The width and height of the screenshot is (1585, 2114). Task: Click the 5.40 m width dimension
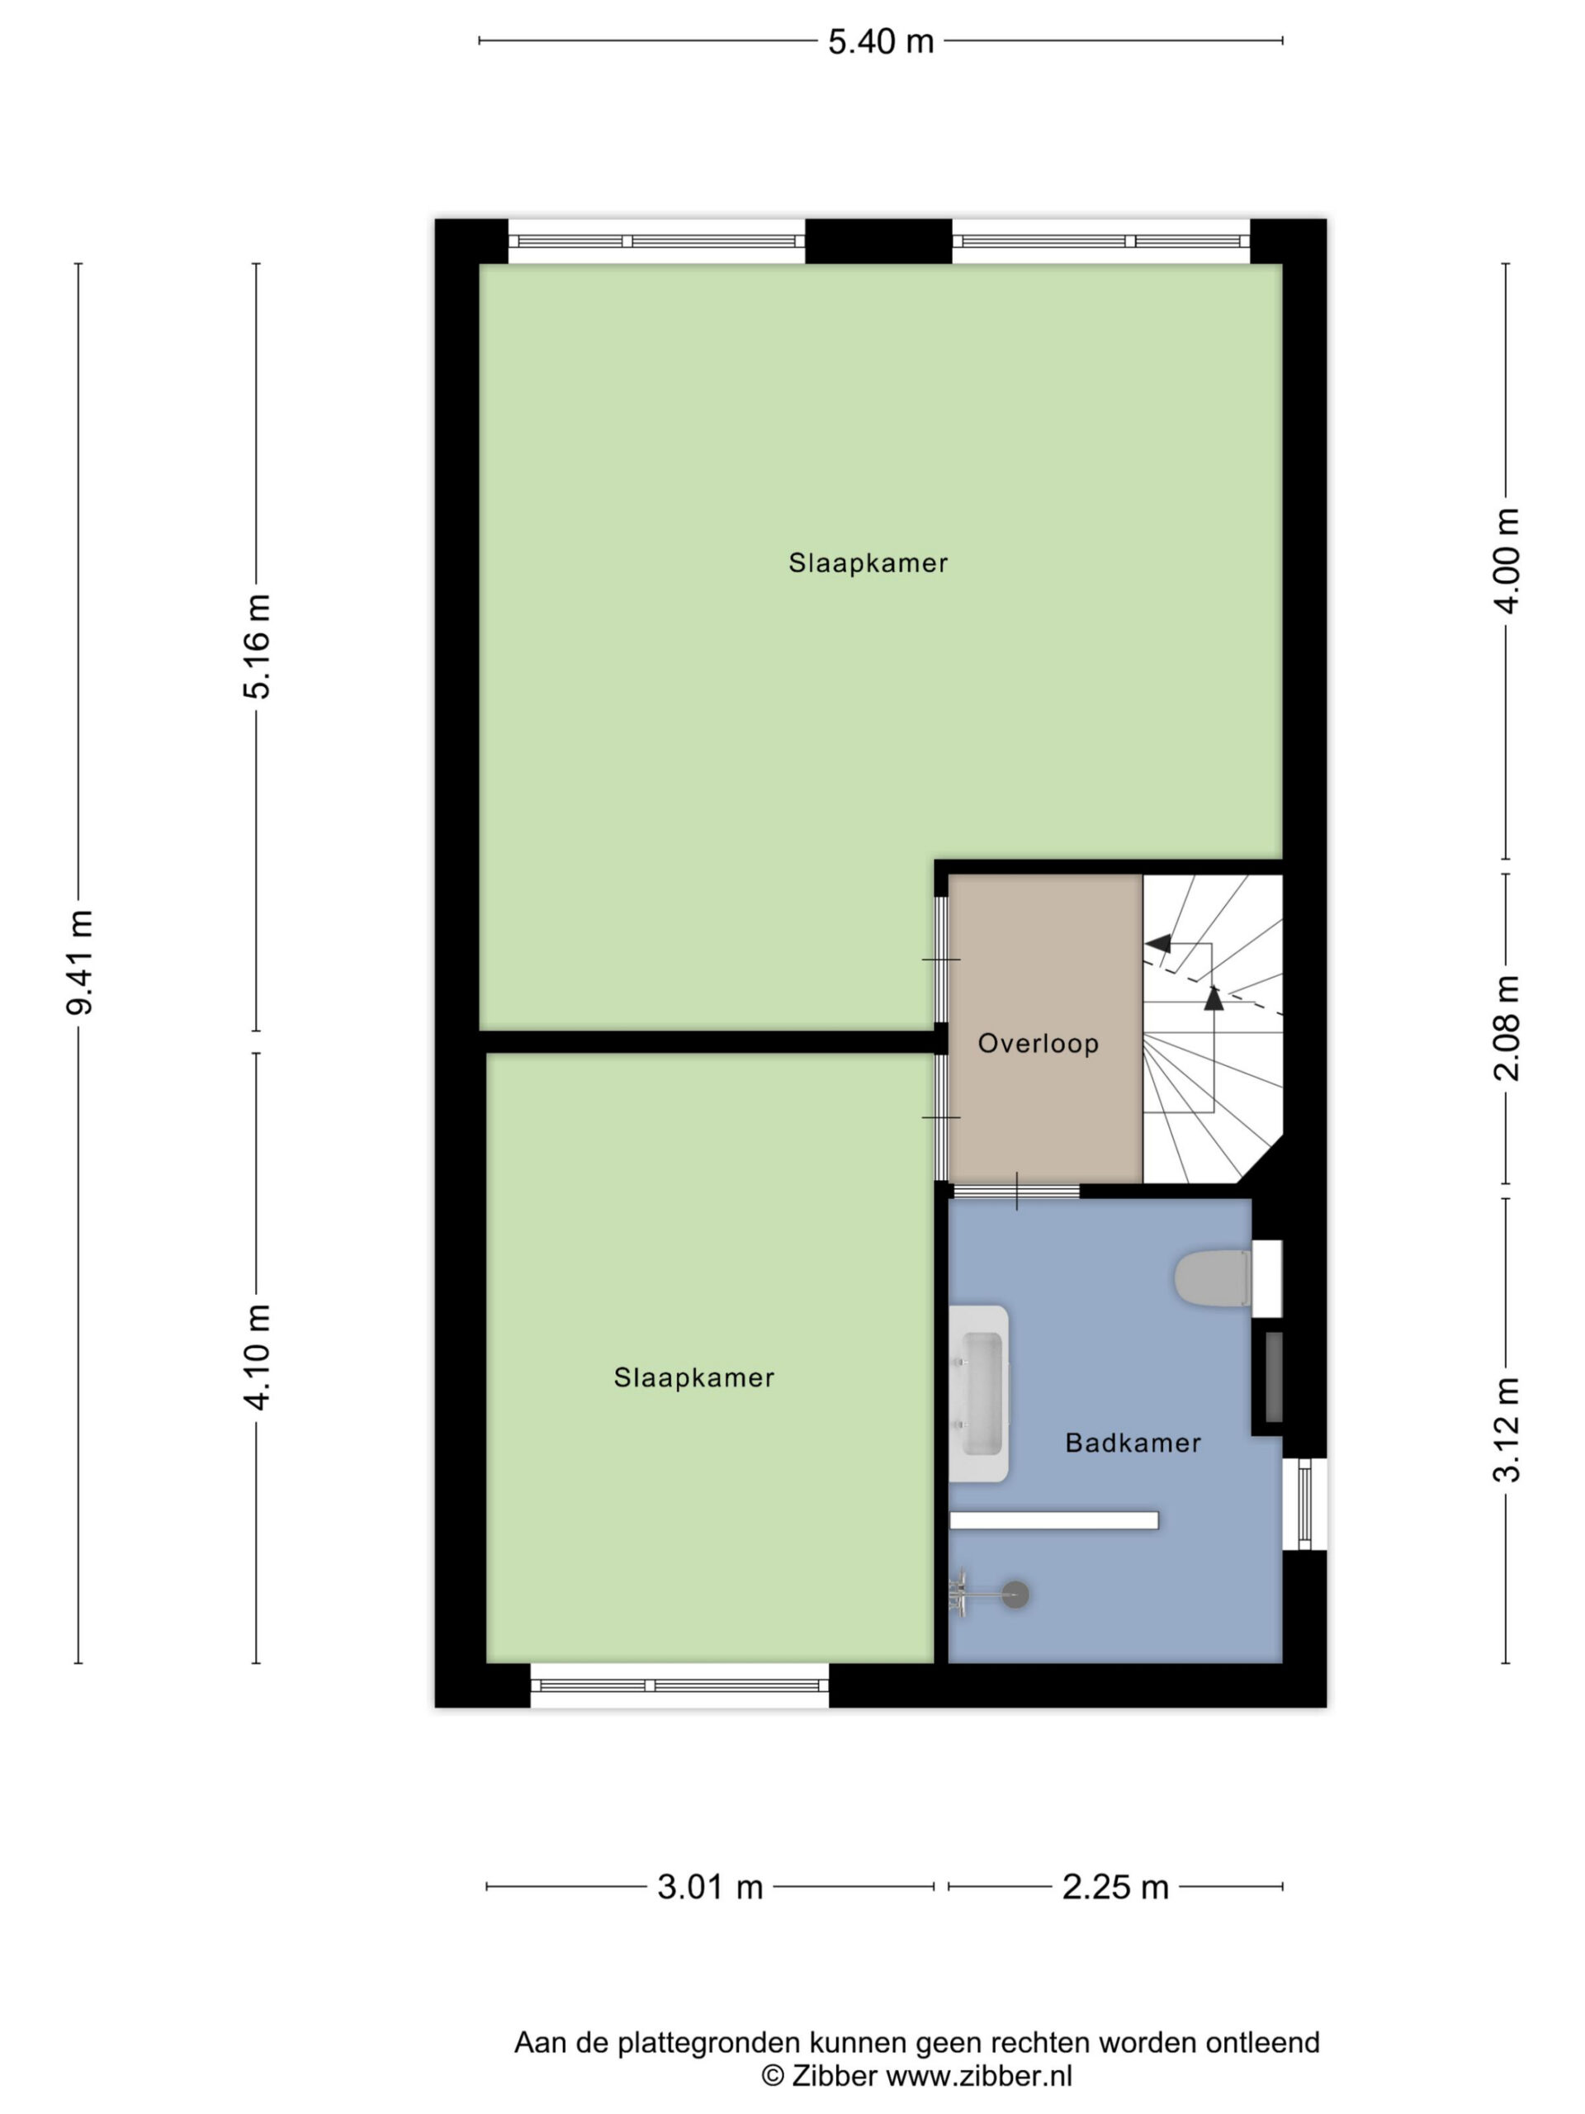[x=880, y=42]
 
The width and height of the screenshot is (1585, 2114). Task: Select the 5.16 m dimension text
[x=256, y=646]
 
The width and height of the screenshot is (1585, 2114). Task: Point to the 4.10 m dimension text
[x=256, y=1355]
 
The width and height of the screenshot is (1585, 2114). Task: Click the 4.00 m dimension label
[x=1507, y=560]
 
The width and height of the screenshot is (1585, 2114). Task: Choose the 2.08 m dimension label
[x=1507, y=1027]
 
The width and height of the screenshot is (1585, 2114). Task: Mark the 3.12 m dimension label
[x=1507, y=1429]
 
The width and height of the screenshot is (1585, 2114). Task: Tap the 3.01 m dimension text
[x=710, y=1888]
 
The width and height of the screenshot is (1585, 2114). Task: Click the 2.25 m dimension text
[x=1115, y=1888]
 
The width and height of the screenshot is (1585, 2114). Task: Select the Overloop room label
[x=1038, y=1044]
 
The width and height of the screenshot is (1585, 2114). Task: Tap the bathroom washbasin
[x=978, y=1393]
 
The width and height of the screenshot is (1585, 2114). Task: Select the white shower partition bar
[x=1054, y=1520]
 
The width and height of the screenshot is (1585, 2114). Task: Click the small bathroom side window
[x=1304, y=1503]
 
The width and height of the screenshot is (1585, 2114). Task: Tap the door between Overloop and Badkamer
[x=1016, y=1191]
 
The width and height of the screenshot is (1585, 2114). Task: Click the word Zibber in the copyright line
[x=834, y=2076]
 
